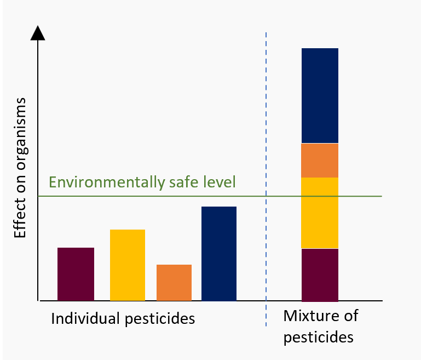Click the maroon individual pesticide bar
(76, 274)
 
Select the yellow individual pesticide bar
(128, 265)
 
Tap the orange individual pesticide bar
(174, 283)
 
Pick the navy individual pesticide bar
(219, 254)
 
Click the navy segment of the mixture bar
(320, 96)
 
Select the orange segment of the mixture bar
(320, 161)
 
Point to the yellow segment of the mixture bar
(320, 213)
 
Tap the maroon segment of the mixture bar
(320, 275)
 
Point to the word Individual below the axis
(82, 318)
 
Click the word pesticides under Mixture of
(318, 336)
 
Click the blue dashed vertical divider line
(266, 110)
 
